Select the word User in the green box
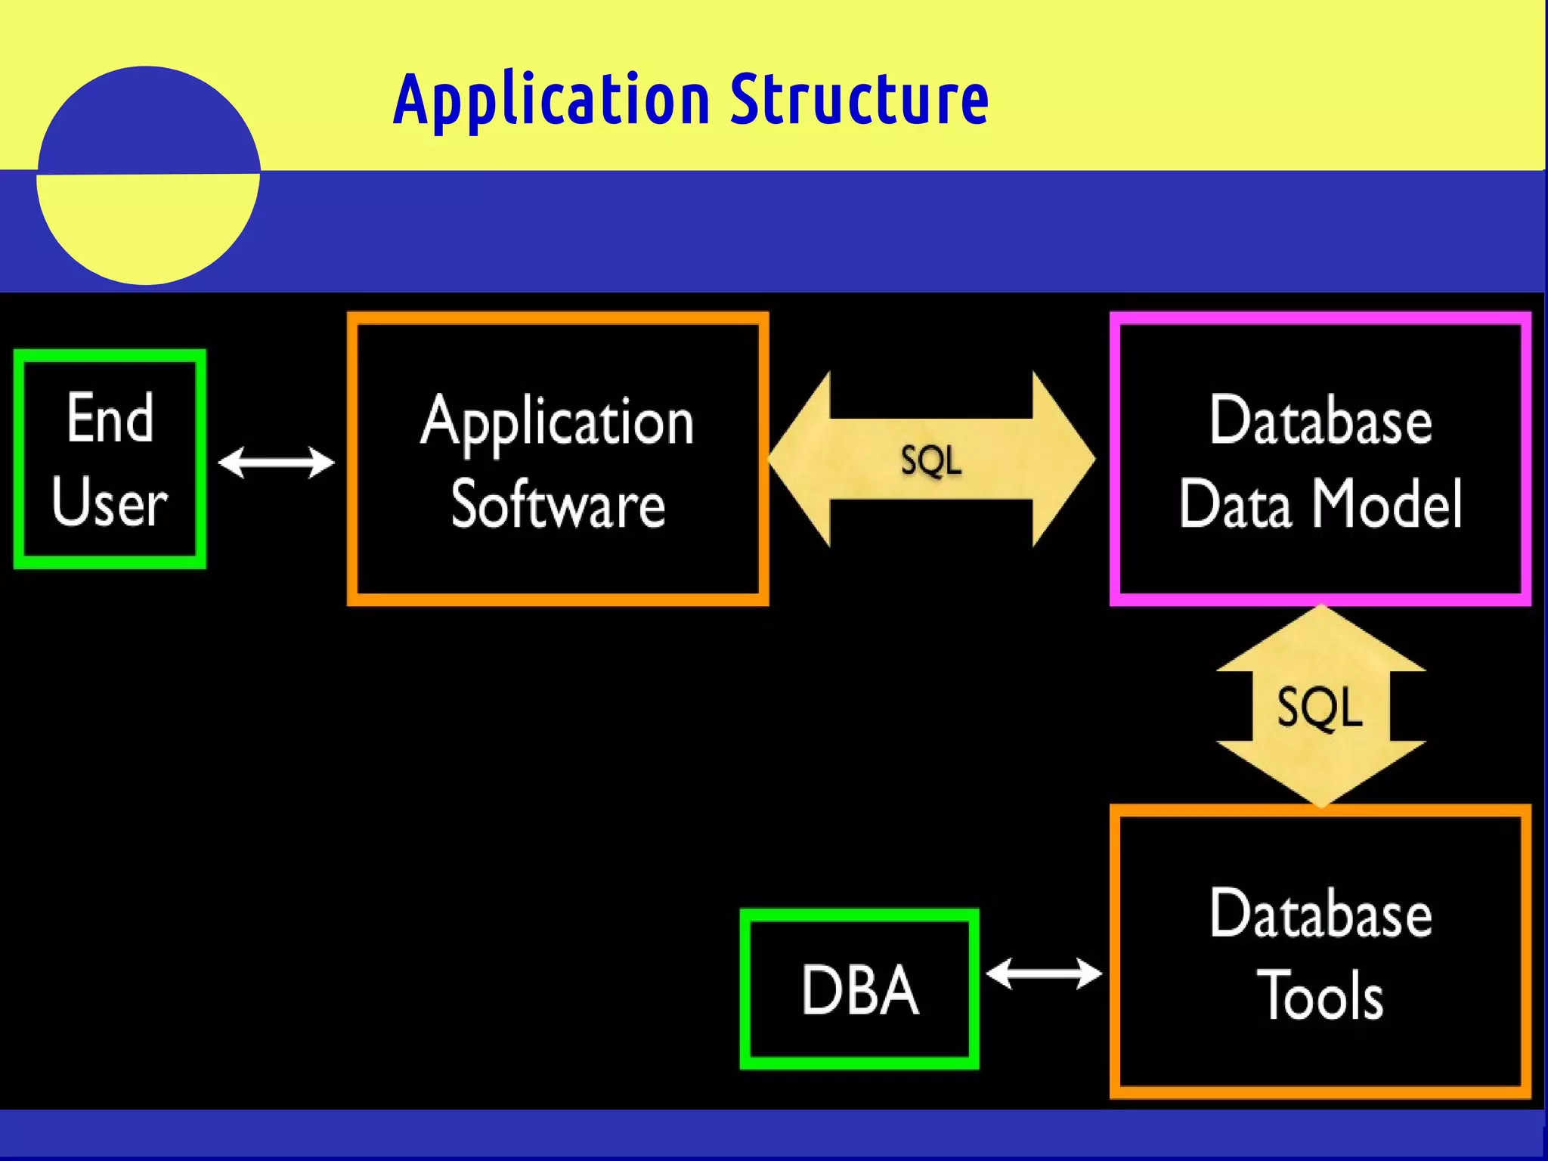110,502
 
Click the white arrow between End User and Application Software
276,462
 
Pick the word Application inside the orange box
557,423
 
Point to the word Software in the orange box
558,504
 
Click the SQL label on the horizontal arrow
931,460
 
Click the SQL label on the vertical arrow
1320,707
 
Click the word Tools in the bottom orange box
1320,996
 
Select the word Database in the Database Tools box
1320,913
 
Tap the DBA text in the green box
859,990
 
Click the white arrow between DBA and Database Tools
1044,974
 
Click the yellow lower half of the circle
147,227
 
